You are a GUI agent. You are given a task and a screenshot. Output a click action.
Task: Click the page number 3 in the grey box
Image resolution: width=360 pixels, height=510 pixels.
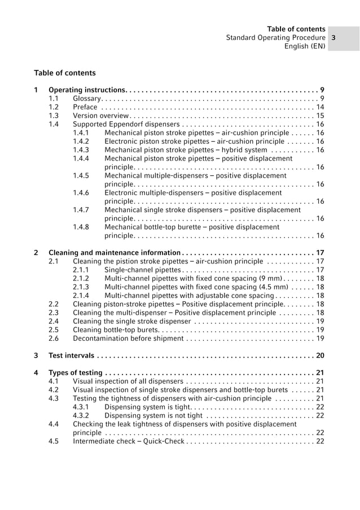(x=334, y=38)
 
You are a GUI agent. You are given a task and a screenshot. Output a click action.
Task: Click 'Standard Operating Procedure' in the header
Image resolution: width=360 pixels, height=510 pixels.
(x=275, y=38)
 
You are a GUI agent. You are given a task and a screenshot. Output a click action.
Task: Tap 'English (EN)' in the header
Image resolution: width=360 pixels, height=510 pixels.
(x=305, y=47)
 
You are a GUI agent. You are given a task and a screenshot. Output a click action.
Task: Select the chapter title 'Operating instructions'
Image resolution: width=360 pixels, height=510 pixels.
(x=86, y=90)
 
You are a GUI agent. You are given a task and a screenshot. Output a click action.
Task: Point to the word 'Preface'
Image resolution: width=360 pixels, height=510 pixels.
(x=85, y=107)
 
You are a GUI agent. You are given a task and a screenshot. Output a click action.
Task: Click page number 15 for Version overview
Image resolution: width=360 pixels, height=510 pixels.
(x=320, y=116)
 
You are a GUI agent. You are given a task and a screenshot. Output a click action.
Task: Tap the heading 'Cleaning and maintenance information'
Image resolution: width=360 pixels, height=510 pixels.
(x=115, y=252)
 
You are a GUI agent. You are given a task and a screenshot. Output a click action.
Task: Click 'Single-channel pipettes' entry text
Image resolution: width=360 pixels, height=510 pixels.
(x=143, y=270)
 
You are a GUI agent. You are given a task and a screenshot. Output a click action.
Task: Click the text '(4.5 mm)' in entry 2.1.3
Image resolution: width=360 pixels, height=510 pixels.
(x=272, y=287)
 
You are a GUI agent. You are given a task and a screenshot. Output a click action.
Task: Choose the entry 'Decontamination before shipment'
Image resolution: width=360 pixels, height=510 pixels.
(x=128, y=338)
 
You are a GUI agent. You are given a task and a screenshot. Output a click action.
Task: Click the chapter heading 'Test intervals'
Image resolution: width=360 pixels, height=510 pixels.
(x=72, y=355)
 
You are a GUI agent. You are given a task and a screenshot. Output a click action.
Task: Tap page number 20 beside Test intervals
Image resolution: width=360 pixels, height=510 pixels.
(x=320, y=355)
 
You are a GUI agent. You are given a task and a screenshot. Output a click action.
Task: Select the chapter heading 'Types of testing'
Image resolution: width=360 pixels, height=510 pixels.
(x=76, y=373)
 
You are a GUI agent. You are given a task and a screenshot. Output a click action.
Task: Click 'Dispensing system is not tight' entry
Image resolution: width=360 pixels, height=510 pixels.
(x=153, y=416)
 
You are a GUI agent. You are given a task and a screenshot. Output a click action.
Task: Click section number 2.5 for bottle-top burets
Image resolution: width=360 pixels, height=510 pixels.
(x=54, y=329)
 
